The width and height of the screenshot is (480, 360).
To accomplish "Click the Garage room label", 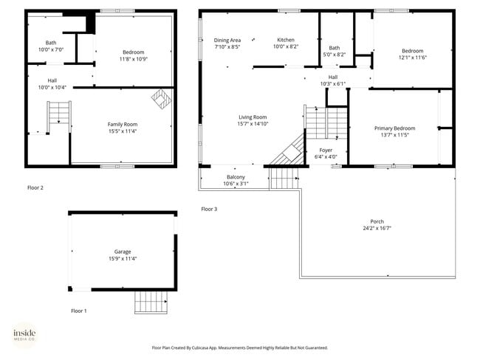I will click(x=122, y=252).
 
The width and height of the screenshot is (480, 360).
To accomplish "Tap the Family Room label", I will click(x=123, y=124).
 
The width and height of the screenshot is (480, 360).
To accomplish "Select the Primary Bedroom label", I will click(x=394, y=128).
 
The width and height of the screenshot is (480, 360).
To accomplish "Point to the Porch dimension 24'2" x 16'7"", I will click(x=377, y=229).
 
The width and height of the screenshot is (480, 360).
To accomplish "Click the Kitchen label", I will click(x=286, y=40).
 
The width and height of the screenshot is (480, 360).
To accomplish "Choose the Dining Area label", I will click(x=227, y=40).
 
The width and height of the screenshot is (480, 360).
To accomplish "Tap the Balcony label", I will click(x=235, y=177).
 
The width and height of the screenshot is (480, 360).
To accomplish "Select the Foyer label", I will click(x=326, y=150).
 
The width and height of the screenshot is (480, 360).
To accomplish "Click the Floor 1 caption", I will click(x=78, y=311).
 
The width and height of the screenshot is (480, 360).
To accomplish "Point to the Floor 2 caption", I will click(x=35, y=187).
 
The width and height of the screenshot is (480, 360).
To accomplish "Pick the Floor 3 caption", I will click(x=210, y=209).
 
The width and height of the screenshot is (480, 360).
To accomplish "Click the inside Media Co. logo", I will click(x=24, y=336).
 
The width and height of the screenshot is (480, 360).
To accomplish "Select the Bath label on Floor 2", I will click(x=50, y=43).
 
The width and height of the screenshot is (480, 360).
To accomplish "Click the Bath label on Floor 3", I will click(x=335, y=48).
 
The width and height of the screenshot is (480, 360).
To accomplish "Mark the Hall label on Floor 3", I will click(x=333, y=77).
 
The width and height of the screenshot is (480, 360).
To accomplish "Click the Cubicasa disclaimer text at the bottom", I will click(x=239, y=347).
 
